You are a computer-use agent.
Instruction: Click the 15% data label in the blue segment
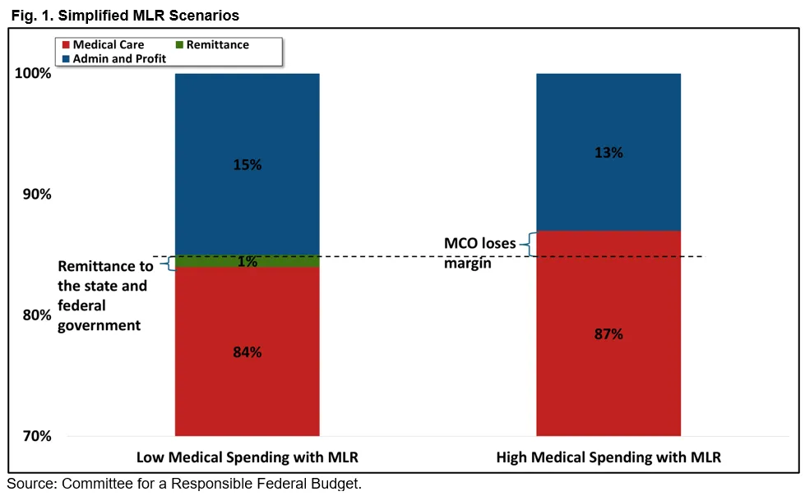pyautogui.click(x=248, y=165)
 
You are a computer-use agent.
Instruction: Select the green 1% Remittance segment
pyautogui.click(x=248, y=262)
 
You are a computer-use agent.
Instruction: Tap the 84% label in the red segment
pyautogui.click(x=248, y=352)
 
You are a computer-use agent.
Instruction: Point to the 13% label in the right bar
pyautogui.click(x=608, y=153)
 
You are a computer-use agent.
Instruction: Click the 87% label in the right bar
pyautogui.click(x=608, y=334)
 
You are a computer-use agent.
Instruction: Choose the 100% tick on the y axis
pyautogui.click(x=34, y=73)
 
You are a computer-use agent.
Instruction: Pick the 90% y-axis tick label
pyautogui.click(x=37, y=195)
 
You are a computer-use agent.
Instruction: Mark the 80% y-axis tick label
pyautogui.click(x=37, y=315)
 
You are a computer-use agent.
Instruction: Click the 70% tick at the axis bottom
pyautogui.click(x=37, y=437)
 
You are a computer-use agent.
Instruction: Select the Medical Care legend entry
pyautogui.click(x=103, y=44)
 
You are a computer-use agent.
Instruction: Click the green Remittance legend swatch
pyautogui.click(x=180, y=44)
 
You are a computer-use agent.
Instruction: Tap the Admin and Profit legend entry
pyautogui.click(x=114, y=58)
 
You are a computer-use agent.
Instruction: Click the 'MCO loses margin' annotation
pyautogui.click(x=480, y=253)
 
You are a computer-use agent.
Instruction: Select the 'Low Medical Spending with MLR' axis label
pyautogui.click(x=248, y=457)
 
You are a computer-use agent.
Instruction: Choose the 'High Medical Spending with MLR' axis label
pyautogui.click(x=608, y=457)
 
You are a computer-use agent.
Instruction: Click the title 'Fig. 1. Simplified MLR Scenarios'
pyautogui.click(x=125, y=16)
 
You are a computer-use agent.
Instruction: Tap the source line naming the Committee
pyautogui.click(x=184, y=484)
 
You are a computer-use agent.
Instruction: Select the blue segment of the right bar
pyautogui.click(x=608, y=153)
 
